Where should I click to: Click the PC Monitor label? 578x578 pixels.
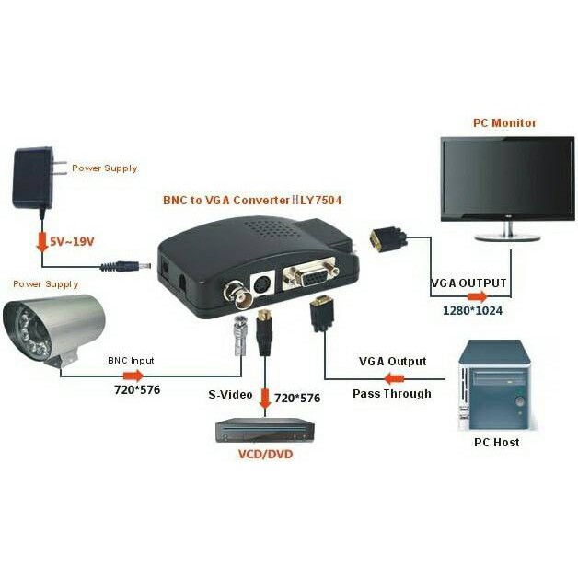tap(503, 122)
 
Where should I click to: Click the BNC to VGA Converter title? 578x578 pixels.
tap(245, 200)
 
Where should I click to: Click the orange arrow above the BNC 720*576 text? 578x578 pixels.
tap(133, 376)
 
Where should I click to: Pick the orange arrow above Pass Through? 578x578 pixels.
tap(394, 378)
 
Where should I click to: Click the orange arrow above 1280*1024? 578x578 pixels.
tap(477, 296)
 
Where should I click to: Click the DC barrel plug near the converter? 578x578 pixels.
tap(123, 267)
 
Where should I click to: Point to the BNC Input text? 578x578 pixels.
tap(132, 360)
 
